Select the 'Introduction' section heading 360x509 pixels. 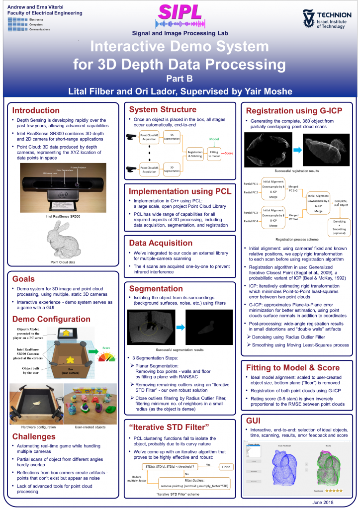coord(36,110)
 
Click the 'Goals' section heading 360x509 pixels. coord(23,279)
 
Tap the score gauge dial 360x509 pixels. coord(106,357)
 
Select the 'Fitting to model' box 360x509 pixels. coord(214,155)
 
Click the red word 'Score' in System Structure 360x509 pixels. coord(229,154)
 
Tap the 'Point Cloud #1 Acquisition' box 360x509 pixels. coord(149,138)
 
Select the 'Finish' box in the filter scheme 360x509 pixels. coord(227,467)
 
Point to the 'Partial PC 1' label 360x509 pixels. coord(250,184)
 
